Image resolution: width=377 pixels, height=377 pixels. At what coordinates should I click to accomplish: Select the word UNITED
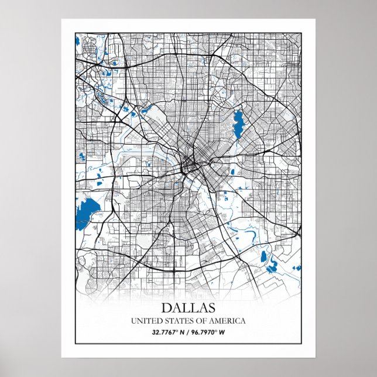coord(144,321)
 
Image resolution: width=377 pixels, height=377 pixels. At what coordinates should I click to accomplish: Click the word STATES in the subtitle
coord(174,321)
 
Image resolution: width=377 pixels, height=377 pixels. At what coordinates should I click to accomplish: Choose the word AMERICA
coord(226,321)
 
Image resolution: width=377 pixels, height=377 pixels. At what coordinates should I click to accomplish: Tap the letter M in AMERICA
coord(216,321)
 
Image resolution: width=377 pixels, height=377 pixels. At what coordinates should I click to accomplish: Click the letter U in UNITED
coord(133,321)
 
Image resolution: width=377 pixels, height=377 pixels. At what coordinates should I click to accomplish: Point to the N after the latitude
coord(182,333)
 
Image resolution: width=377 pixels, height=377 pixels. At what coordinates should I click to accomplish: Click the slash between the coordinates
coord(188,333)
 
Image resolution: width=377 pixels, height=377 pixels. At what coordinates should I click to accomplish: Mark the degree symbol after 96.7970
coord(221,332)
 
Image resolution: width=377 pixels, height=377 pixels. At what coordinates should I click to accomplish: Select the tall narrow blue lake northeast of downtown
coord(238,124)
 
